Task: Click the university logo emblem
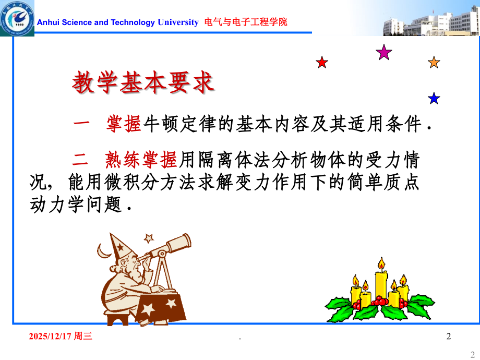tap(17, 18)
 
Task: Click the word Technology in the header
tap(133, 22)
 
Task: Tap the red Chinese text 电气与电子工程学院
tap(246, 22)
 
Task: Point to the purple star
tap(384, 52)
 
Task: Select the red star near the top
tap(322, 63)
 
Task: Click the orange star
tap(434, 62)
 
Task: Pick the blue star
tap(434, 98)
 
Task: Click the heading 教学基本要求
tap(142, 82)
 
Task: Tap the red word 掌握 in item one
tap(124, 124)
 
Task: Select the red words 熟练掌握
tap(141, 160)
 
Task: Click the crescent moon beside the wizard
tap(103, 251)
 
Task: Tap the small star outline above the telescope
tap(149, 238)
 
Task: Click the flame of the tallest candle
tap(381, 263)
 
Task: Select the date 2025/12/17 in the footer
tap(50, 336)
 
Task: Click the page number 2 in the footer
tap(449, 336)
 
